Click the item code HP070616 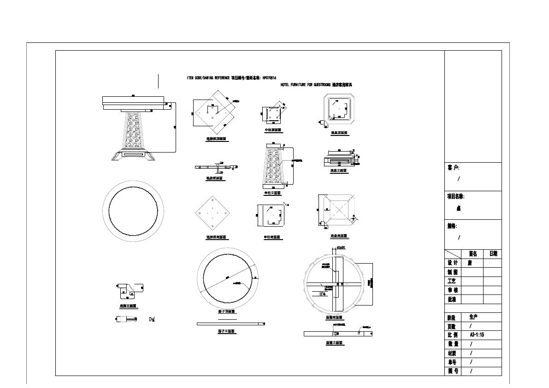269,78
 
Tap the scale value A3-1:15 477,335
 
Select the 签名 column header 472,254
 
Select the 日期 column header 493,254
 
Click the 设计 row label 453,263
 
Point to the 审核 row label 453,290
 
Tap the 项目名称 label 455,196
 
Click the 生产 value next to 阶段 473,317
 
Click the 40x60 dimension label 342,248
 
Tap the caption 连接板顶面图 216,139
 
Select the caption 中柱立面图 273,193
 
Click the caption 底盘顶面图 339,133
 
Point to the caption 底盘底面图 339,236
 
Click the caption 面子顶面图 227,312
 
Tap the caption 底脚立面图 127,306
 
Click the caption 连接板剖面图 215,178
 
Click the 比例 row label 453,335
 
